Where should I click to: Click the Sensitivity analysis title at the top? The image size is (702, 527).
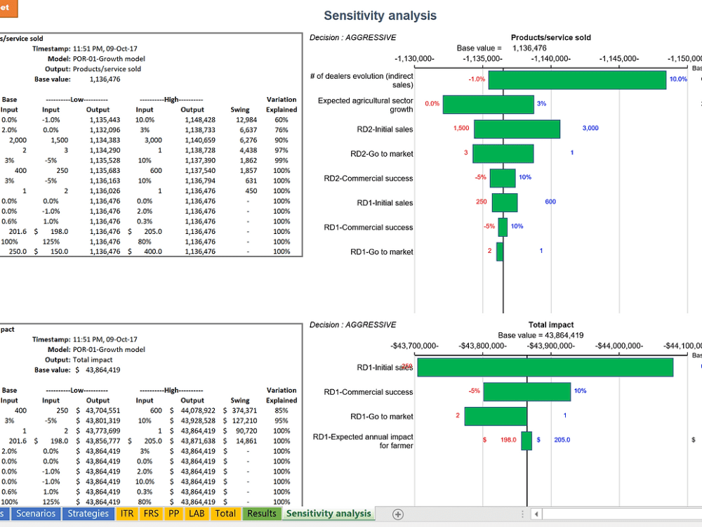click(x=380, y=15)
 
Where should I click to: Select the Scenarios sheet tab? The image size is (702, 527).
click(x=36, y=514)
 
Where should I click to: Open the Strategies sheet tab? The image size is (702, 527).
click(x=88, y=514)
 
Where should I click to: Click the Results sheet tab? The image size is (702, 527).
click(x=262, y=514)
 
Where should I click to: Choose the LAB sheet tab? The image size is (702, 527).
click(x=197, y=514)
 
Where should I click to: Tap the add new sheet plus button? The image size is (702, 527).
click(x=397, y=514)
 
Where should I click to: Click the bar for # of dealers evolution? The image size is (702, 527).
click(x=577, y=80)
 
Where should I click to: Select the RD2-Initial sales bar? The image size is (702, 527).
click(x=517, y=129)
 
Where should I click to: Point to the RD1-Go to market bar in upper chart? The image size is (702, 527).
click(x=500, y=252)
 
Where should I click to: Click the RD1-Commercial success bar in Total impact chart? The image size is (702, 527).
click(x=526, y=392)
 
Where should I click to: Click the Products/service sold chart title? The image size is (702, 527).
click(x=550, y=38)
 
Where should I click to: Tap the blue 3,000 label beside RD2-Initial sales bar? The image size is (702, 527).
click(x=590, y=129)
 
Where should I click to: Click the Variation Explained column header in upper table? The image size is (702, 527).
click(x=282, y=105)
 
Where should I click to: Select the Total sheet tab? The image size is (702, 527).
click(x=225, y=514)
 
